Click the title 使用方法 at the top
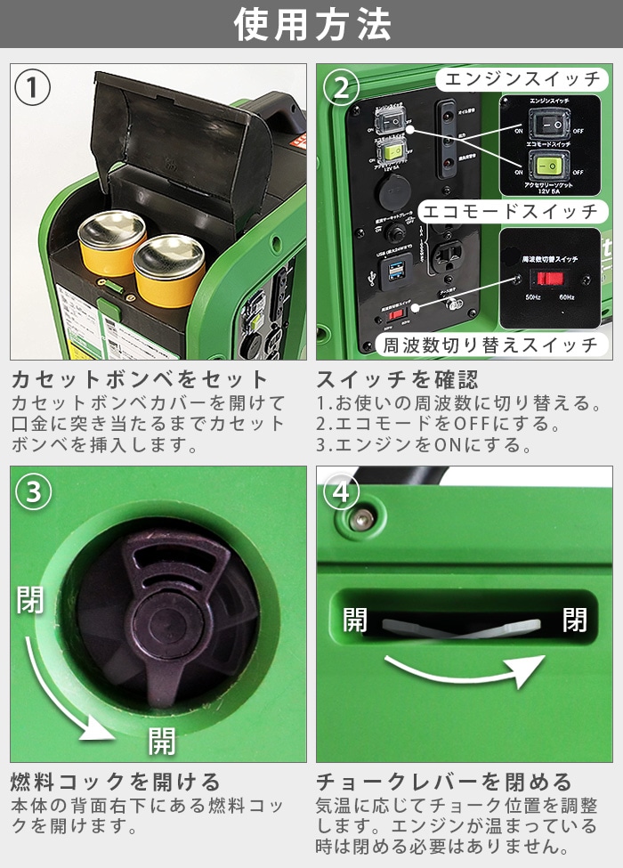311,24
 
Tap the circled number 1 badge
33,88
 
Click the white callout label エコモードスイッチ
510,211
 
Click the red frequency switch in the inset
554,279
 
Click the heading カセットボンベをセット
139,380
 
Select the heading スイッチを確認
397,380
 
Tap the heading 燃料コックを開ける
116,783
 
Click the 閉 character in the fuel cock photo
30,600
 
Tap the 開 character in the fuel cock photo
161,740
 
